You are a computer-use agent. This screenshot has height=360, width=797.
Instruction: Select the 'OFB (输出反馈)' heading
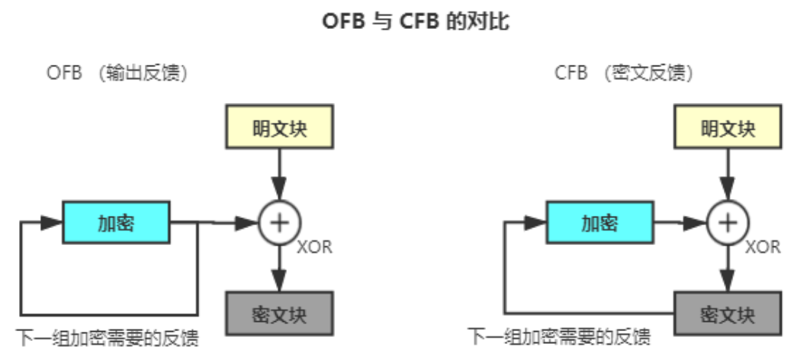pos(117,73)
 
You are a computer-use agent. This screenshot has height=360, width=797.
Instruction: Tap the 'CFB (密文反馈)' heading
pos(624,73)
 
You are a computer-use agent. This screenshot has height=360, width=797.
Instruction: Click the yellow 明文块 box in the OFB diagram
pos(280,127)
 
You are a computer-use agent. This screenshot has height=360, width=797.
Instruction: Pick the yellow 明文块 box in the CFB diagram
pos(728,127)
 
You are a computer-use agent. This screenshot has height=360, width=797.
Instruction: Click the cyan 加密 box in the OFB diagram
pos(116,222)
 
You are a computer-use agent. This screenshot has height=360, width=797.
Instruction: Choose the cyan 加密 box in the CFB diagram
pos(599,222)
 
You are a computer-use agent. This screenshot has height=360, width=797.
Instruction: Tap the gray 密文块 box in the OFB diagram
pos(280,313)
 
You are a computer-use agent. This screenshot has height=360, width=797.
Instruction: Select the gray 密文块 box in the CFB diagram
pos(728,313)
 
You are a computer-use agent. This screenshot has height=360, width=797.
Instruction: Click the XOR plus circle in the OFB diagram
pos(280,222)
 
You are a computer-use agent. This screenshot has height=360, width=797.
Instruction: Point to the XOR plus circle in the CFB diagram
pos(728,222)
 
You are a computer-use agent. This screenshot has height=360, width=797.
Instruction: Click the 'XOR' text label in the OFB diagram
pos(314,247)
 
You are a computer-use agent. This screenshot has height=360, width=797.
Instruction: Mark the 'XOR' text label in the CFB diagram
pos(763,247)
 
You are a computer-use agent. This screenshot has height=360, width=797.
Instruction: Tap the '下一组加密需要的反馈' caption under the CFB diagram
pos(559,336)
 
